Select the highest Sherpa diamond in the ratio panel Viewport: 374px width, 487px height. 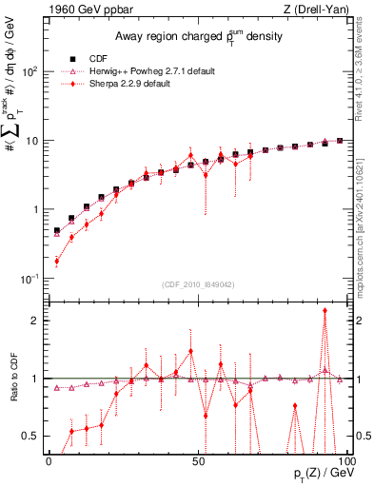click(325, 310)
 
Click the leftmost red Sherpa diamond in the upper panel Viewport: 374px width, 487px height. click(56, 261)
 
